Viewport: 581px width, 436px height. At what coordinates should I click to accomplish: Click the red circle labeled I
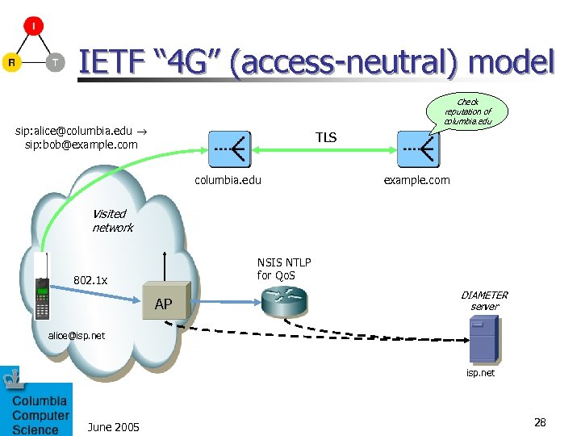click(33, 26)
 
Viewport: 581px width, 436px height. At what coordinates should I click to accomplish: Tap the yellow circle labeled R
click(11, 62)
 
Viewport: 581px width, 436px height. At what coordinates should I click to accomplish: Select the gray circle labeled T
click(55, 62)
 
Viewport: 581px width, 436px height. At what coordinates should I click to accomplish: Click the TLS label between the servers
click(326, 138)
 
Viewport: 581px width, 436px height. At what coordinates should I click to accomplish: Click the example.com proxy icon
click(418, 149)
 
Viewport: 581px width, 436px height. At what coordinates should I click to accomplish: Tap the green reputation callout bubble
click(467, 111)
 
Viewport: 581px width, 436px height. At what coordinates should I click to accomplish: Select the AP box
click(166, 300)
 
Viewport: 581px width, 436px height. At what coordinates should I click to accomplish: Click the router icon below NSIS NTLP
click(284, 301)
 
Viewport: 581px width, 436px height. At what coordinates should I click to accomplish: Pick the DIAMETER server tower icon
click(483, 338)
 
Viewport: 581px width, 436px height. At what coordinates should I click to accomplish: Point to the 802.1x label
click(90, 280)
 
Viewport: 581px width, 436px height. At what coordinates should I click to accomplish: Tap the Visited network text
click(111, 220)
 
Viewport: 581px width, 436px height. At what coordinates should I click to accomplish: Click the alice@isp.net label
click(75, 334)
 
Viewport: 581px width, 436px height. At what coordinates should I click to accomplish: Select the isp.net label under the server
click(481, 373)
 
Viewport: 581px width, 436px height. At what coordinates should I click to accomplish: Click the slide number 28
click(540, 422)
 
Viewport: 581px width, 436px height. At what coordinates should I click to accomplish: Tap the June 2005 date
click(113, 426)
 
